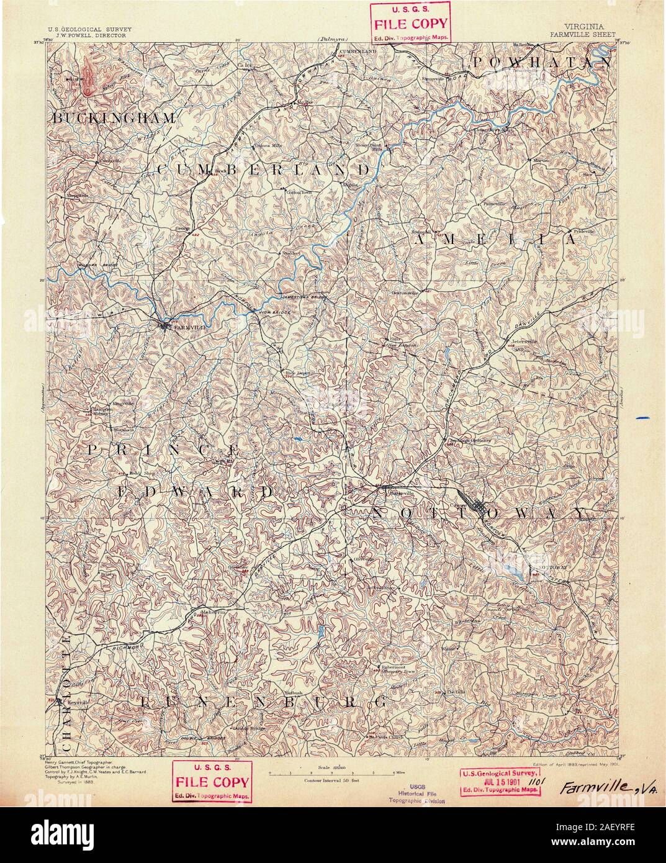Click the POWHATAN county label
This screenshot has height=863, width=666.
click(x=540, y=62)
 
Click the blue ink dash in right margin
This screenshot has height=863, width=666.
click(x=641, y=418)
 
